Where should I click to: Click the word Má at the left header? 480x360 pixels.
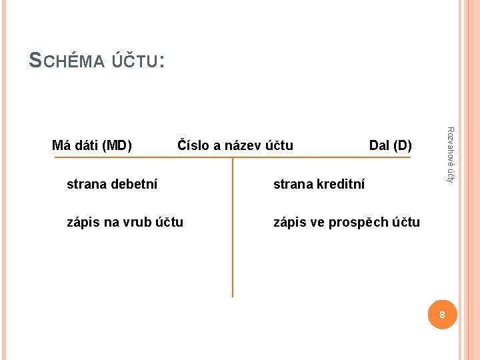(x=61, y=145)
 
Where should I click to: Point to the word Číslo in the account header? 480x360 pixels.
(x=192, y=145)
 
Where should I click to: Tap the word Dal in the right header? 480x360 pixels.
(x=380, y=145)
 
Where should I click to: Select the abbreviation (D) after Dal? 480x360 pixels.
(x=403, y=145)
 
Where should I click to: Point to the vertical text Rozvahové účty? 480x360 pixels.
(x=451, y=155)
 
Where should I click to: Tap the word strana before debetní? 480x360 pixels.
(x=86, y=184)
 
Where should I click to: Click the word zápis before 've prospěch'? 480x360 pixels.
(x=289, y=222)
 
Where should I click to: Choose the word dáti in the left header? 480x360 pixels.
(x=85, y=145)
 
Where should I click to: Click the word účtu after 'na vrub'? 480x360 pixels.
(x=169, y=222)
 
